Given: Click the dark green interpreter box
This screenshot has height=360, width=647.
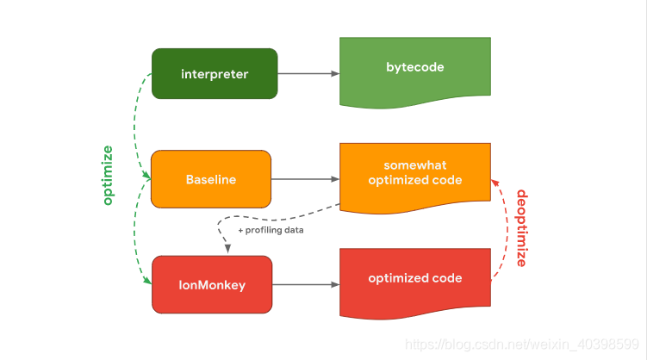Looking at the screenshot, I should point(215,73).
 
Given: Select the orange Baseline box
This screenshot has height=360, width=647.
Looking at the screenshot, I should point(211,179).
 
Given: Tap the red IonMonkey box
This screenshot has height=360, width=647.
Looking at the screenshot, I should point(211,284).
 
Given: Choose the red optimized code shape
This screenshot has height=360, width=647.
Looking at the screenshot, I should point(415,280).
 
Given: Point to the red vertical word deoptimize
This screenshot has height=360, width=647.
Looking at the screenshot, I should point(520,228).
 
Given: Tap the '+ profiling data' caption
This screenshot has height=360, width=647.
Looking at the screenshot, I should point(271,230).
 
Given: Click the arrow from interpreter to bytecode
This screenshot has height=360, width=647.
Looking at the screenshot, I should point(308,73).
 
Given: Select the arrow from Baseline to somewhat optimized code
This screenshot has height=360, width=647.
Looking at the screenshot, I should point(306,179).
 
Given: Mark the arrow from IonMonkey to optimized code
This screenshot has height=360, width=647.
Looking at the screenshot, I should point(306,284).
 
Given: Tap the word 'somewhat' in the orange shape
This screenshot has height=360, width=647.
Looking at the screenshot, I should point(415,164).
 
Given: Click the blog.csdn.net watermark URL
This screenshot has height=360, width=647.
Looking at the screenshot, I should point(524,344).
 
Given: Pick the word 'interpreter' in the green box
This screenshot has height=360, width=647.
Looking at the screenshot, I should point(215,73).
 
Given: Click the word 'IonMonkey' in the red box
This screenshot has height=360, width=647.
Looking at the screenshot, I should point(211,284).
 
